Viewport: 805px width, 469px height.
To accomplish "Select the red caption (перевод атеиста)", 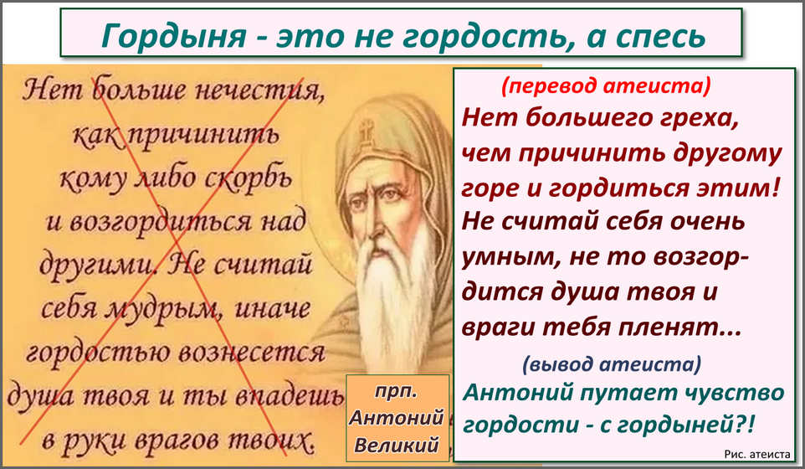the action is click(x=606, y=85).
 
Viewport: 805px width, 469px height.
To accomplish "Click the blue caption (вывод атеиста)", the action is click(x=612, y=363).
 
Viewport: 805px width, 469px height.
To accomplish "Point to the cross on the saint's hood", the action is click(x=366, y=130).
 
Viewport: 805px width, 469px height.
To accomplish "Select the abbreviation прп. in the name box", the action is click(x=397, y=391).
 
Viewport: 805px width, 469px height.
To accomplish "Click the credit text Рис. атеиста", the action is click(x=757, y=454).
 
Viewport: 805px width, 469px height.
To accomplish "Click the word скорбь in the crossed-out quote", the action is click(x=249, y=178).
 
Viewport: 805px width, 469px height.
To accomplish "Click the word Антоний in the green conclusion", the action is click(x=518, y=393).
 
